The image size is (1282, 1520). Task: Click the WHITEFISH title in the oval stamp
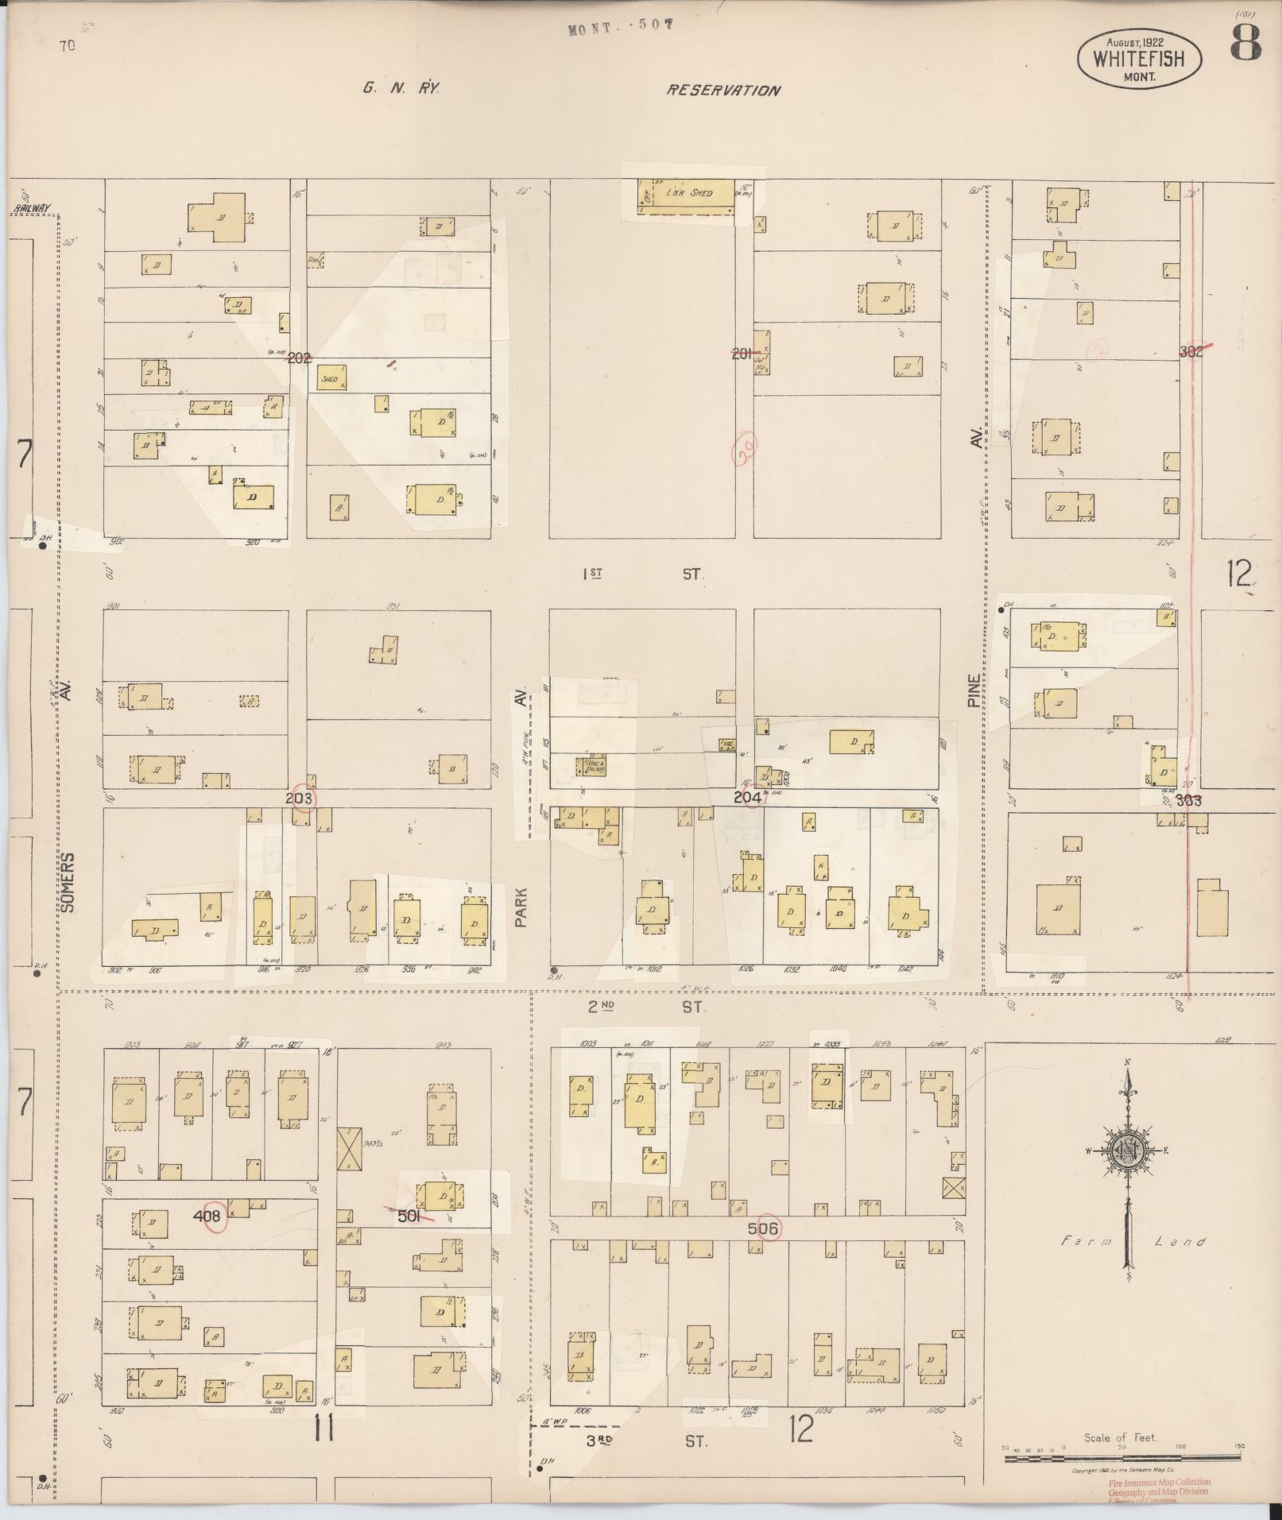coord(1138,58)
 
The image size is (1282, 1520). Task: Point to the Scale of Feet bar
coord(1121,1456)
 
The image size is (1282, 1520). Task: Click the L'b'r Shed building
coord(688,194)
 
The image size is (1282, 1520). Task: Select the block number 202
coord(299,358)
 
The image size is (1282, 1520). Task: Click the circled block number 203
coord(300,798)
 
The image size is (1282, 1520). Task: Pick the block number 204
coord(746,796)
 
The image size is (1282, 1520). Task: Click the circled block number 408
coord(209,1216)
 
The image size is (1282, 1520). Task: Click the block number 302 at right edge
coord(1191,352)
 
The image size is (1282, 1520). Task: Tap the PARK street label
coord(521,906)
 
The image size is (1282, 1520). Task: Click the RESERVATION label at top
coord(722,91)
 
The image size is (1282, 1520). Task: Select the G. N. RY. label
coord(401,89)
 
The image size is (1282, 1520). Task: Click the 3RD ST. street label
coord(646,1441)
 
